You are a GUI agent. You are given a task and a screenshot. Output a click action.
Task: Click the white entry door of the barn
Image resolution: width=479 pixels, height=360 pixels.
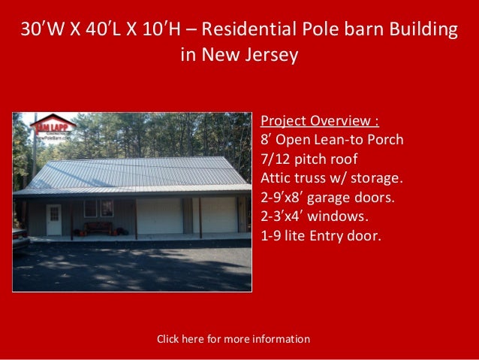(54, 219)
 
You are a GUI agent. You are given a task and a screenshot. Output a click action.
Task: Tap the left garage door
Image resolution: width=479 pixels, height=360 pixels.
(160, 216)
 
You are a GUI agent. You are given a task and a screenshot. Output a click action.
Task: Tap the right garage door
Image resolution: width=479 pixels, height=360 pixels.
(219, 215)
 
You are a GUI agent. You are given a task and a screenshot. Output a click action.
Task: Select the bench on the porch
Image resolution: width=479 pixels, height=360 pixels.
(98, 227)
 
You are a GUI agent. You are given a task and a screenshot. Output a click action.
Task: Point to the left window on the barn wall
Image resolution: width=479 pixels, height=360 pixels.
(90, 208)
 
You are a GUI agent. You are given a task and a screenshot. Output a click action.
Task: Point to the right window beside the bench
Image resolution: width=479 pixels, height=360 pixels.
(108, 208)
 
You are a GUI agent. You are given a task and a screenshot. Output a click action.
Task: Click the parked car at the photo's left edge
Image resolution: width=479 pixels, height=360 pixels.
(20, 238)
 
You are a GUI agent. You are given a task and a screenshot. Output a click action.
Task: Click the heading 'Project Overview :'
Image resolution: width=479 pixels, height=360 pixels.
(319, 122)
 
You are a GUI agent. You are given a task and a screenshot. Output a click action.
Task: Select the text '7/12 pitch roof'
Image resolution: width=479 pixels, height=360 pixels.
(309, 159)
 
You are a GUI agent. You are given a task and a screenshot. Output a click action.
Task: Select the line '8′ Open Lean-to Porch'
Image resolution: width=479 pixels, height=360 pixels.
(332, 141)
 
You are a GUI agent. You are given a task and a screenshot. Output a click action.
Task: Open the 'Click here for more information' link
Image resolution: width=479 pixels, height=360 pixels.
(233, 339)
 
